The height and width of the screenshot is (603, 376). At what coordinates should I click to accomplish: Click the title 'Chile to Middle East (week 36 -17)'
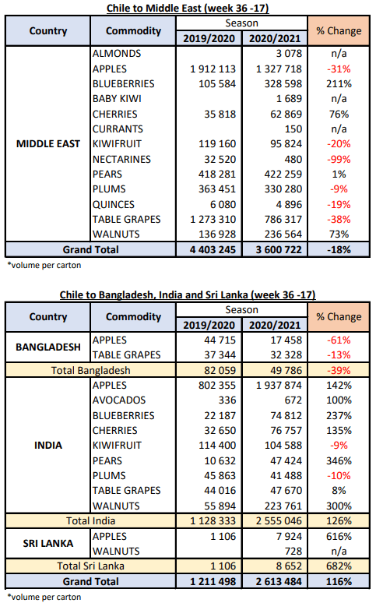point(188,8)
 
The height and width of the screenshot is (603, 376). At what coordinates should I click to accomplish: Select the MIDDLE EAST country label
point(48,144)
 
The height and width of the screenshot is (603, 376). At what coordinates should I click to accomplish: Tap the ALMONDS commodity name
point(117,54)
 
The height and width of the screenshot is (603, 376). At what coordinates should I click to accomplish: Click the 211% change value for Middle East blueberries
point(339,84)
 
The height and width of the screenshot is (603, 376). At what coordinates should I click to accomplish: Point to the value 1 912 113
point(213,69)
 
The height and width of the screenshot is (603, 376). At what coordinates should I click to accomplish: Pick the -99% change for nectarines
point(339,159)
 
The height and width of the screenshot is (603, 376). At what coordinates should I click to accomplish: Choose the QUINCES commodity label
point(114,204)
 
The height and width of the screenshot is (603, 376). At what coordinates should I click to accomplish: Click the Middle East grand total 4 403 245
point(213,249)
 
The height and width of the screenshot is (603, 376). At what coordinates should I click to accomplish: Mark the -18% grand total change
point(339,249)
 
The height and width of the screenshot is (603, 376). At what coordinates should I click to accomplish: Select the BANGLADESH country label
point(48,347)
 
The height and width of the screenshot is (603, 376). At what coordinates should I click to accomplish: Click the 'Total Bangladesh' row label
point(91,370)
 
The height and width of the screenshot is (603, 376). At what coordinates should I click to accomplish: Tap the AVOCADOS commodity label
point(119,400)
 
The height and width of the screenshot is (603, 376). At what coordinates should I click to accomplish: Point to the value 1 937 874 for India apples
point(279,386)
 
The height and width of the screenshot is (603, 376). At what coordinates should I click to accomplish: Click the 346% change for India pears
point(339,460)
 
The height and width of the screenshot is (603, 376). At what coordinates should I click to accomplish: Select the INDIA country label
point(48,446)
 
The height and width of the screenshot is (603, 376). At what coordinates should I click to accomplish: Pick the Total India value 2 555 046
point(279,520)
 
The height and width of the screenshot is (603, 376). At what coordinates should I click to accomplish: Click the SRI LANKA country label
point(48,543)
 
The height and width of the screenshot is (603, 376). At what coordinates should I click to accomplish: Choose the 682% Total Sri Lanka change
point(339,566)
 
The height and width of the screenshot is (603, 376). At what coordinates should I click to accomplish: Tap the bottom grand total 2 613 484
point(279,581)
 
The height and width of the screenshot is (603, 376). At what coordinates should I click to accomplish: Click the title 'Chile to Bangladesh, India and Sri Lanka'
point(155,295)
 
